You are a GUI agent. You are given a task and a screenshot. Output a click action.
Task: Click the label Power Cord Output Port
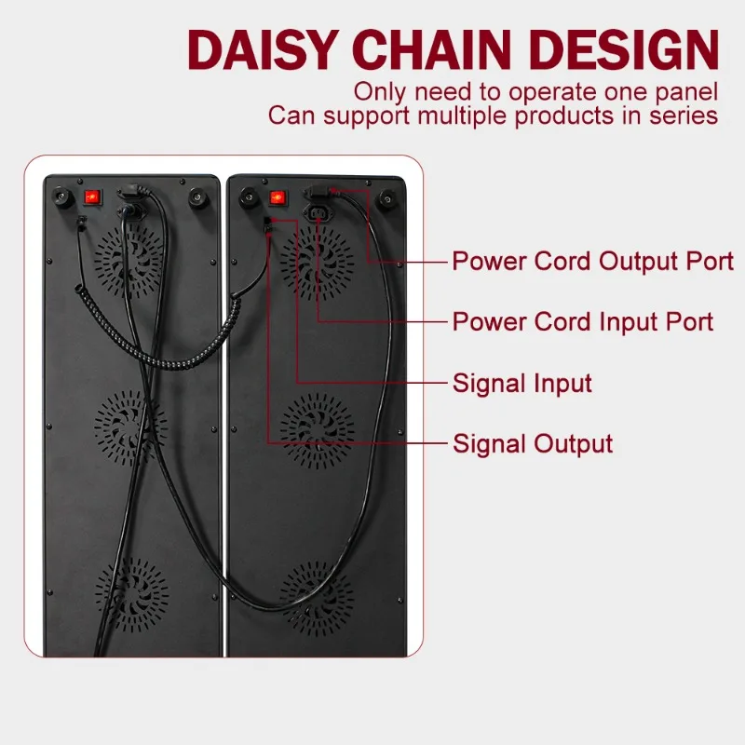592,262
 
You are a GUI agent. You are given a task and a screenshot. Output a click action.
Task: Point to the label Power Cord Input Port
583,321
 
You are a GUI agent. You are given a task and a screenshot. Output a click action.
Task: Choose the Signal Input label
522,383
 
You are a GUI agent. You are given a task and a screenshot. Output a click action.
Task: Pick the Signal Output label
533,444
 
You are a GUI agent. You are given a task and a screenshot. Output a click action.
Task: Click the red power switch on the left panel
92,196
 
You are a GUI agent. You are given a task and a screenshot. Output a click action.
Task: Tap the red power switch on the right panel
278,197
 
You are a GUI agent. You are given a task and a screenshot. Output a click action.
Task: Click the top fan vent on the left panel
129,261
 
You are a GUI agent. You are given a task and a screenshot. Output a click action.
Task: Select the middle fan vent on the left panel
130,427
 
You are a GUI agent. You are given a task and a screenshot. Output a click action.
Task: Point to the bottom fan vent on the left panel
131,595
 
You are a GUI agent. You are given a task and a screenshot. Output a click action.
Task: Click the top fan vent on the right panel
317,263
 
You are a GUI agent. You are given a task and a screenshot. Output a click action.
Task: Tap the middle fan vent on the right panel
317,430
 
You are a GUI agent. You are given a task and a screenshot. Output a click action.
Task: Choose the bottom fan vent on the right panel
317,599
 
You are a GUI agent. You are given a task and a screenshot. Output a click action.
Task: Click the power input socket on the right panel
318,212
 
